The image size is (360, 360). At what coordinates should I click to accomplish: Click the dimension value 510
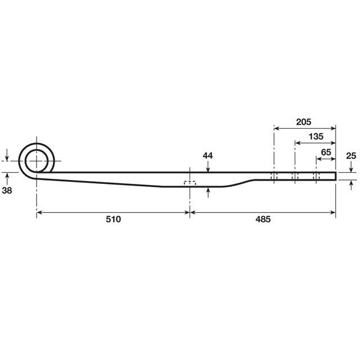(x=113, y=219)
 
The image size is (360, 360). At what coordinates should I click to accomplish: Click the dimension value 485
(x=262, y=219)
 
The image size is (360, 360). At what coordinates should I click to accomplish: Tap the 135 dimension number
(x=316, y=136)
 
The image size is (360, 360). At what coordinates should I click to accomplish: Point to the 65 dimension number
(x=326, y=152)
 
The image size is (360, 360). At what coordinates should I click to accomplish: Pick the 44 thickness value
(x=208, y=155)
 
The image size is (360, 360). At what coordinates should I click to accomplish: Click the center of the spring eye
(x=37, y=160)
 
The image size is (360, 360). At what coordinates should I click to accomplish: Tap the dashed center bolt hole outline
(x=190, y=183)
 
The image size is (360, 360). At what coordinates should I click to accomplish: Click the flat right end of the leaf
(x=336, y=176)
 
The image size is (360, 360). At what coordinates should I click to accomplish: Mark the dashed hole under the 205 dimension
(x=274, y=177)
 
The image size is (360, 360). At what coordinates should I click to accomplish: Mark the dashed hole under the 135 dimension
(x=294, y=177)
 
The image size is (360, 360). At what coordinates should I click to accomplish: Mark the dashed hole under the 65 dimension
(x=316, y=177)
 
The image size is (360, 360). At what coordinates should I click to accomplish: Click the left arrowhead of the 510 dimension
(x=40, y=212)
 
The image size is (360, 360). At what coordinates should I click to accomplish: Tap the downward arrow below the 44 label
(x=208, y=168)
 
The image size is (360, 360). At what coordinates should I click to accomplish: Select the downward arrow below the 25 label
(x=350, y=169)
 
